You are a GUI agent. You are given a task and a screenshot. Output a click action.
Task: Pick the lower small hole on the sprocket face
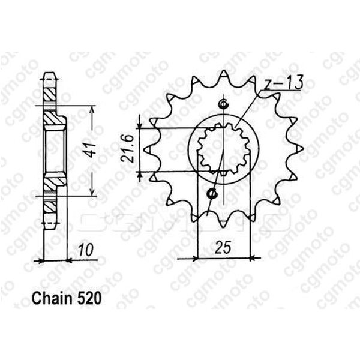213,194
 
